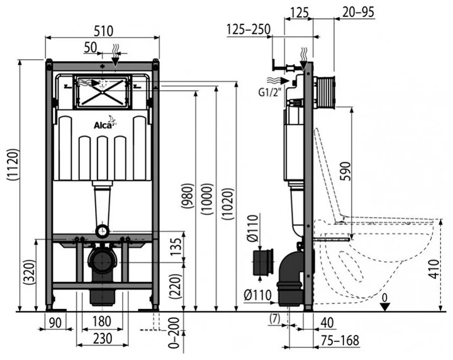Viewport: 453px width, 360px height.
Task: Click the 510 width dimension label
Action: coord(103,31)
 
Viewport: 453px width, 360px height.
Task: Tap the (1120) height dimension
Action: coord(13,166)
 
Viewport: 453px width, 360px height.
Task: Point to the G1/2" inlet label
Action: coord(269,92)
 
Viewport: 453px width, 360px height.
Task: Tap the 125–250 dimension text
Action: coord(249,29)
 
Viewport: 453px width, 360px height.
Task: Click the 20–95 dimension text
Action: coord(358,12)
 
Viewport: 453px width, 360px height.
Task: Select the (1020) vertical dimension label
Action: coord(228,204)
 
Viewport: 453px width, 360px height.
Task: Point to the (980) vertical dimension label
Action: coord(187,196)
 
